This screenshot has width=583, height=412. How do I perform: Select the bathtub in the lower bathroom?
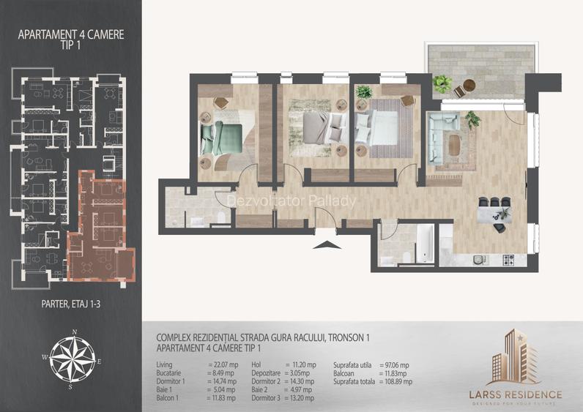(426, 244)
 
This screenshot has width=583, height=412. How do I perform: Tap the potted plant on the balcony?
(441, 83)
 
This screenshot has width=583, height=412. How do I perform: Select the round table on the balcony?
(460, 91)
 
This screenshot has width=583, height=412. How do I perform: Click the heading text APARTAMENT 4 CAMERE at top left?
(70, 34)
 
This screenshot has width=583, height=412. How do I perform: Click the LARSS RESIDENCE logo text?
(515, 394)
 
